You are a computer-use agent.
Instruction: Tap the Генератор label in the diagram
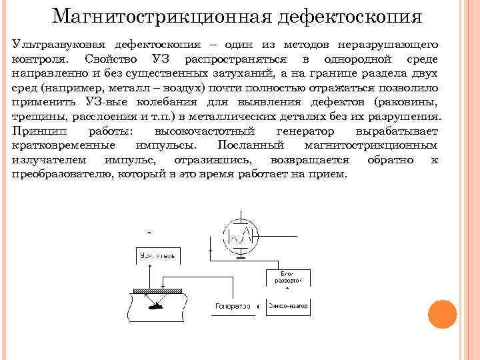(x=233, y=306)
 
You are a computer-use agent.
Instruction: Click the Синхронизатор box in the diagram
(x=288, y=306)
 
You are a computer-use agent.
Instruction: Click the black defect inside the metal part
(x=155, y=307)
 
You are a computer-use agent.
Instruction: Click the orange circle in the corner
(x=441, y=315)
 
